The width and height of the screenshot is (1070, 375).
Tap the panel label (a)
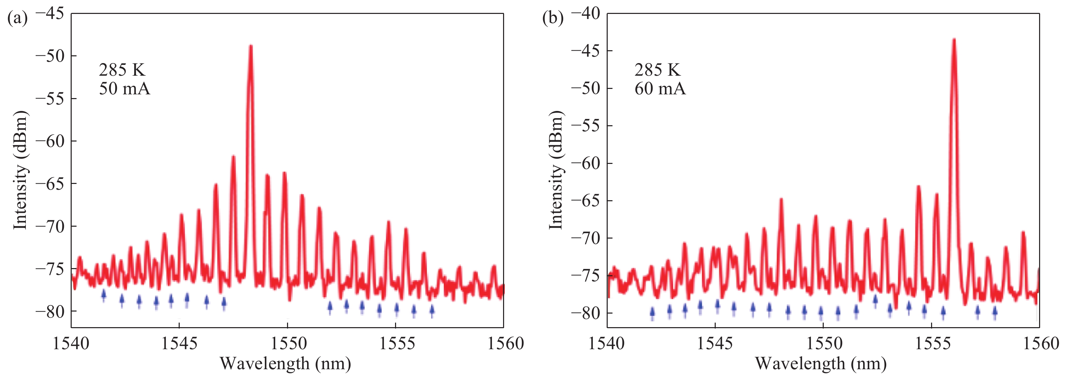17,18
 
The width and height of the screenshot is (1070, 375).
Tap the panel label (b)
553,18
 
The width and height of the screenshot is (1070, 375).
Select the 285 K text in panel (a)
122,70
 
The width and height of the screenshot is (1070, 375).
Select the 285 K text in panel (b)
658,70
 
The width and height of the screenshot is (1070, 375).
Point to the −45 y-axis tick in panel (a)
50,14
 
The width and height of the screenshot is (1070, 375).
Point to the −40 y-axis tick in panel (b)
586,14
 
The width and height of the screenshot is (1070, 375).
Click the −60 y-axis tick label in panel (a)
50,142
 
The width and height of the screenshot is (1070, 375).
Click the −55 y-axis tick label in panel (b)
586,126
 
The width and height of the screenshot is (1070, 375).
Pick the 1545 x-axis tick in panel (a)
179,343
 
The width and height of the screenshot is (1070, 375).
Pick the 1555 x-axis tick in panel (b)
931,343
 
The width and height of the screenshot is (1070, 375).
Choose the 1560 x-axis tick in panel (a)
504,343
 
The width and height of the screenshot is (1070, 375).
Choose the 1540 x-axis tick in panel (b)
607,343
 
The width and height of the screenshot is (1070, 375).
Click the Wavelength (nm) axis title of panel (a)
285,364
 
